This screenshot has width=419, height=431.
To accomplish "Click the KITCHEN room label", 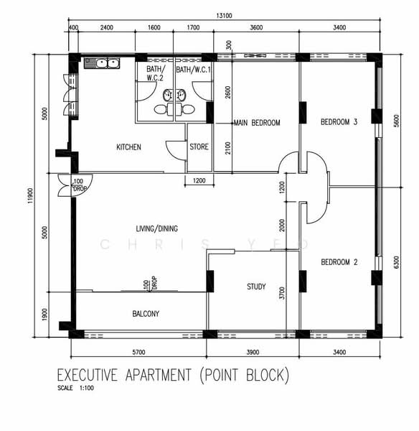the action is [128, 147].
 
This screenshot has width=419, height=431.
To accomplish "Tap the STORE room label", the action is [199, 147].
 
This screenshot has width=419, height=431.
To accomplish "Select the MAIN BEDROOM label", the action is [257, 123].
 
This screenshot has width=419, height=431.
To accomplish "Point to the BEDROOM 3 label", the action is [339, 122].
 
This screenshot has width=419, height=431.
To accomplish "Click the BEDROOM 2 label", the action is [339, 262].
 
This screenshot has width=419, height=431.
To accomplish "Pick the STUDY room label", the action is [256, 287].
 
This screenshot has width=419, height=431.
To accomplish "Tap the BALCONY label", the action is [146, 314].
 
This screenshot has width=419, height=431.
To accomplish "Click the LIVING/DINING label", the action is [157, 228].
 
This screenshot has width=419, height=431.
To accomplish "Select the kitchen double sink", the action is [102, 63].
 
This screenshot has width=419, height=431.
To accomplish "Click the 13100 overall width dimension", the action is [224, 16].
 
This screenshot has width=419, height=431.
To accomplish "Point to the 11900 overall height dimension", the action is [30, 195].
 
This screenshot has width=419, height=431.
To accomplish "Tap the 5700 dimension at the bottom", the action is [138, 352].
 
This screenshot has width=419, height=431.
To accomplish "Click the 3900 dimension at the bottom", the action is [253, 352].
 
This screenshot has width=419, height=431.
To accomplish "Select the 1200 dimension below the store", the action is [199, 180].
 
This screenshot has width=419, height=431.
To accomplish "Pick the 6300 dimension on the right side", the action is [396, 262].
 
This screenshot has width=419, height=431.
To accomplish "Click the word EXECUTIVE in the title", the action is [88, 375].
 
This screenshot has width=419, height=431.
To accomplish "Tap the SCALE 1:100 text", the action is [75, 388].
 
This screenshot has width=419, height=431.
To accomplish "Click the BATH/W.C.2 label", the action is [155, 73].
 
